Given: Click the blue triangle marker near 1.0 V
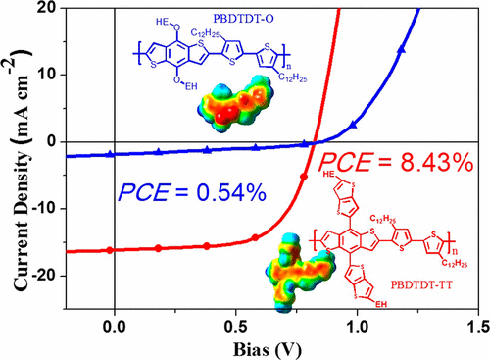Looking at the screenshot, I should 354,125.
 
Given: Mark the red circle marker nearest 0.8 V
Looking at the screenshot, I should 303,177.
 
